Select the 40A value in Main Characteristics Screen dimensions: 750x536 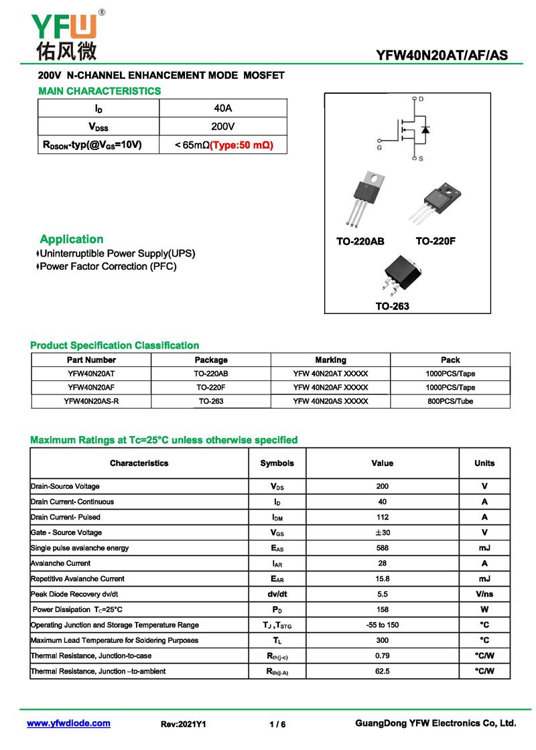pos(223,108)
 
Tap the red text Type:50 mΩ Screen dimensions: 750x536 pos(242,145)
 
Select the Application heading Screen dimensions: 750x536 pos(72,239)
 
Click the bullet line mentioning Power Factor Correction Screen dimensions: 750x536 pos(107,267)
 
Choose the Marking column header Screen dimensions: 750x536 pos(330,360)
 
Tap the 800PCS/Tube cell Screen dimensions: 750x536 pos(450,401)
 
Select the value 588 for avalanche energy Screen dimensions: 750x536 pos(382,548)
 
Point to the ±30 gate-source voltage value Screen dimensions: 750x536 pos(382,532)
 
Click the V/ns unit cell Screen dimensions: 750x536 pos(484,594)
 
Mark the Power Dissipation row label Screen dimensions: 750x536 pos(78,609)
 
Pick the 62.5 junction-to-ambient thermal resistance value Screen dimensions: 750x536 pos(382,671)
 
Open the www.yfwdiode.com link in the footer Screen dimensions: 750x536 pos(68,724)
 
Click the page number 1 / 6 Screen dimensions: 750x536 pos(277,725)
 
